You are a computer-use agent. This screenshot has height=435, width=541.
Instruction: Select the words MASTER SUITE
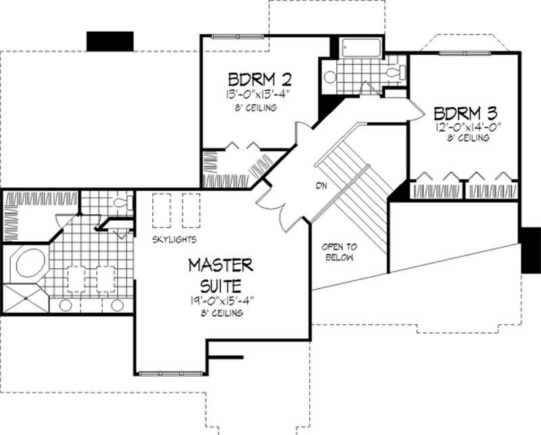pos(220,272)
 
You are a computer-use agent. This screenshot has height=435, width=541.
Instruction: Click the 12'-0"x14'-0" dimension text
pos(462,126)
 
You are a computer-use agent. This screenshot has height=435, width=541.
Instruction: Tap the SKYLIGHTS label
pos(174,240)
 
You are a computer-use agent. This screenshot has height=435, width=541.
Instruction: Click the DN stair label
pos(321,185)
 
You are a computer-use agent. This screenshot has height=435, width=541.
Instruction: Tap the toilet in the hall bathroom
pos(394,72)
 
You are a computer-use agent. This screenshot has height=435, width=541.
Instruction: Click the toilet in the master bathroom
pos(122,202)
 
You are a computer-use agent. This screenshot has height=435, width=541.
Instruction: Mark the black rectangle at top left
pos(109,41)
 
